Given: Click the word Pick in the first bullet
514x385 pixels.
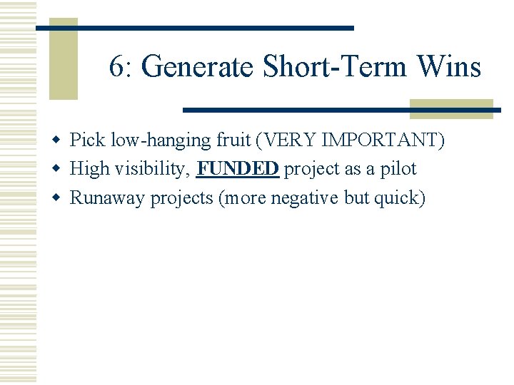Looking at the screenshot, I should pos(86,140).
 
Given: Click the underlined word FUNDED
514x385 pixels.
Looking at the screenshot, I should pos(237,169).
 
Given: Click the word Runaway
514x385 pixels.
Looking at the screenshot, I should pos(107,197).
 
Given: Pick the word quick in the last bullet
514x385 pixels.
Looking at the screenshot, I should pos(398,197).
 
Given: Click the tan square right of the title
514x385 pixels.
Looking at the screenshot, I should pos(451,108).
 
